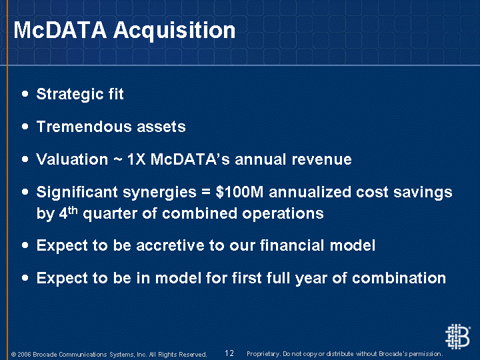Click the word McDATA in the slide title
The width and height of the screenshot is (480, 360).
point(60,30)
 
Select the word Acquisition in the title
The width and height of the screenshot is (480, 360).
point(174,31)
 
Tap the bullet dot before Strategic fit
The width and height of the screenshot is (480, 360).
point(25,94)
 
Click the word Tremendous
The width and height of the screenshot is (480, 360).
point(84,127)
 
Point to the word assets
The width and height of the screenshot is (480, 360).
point(161,127)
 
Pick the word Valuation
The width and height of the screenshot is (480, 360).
point(72,159)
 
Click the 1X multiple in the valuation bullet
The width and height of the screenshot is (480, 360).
point(136,159)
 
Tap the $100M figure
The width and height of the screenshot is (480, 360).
point(239,192)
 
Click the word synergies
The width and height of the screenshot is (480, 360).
point(159,193)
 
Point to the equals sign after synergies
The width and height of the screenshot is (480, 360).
point(206,193)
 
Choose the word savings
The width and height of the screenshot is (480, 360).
point(423,193)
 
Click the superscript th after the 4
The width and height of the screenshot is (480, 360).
point(73,210)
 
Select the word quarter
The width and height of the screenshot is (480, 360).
point(110,214)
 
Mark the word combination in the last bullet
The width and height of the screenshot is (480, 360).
point(399,278)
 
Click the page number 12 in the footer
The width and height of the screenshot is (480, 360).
point(229,353)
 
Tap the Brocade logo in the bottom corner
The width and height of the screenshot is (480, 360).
point(457,337)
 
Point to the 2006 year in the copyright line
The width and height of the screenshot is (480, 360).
point(24,355)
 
